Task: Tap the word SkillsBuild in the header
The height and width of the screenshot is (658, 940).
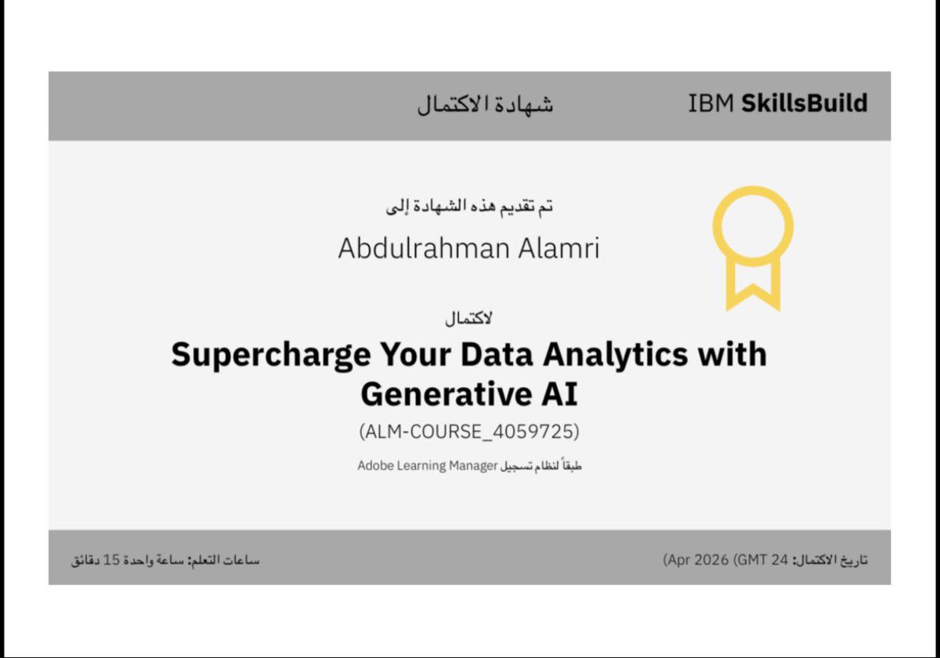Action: coord(804,103)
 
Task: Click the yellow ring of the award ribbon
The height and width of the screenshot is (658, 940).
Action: coord(752,226)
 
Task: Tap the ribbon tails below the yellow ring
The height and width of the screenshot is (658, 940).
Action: coord(752,286)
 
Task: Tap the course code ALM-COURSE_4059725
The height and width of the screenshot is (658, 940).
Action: coord(469,431)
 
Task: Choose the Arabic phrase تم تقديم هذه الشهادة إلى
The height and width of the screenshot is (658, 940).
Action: coord(470,208)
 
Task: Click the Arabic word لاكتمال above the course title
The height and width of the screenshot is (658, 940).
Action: coord(468,319)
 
